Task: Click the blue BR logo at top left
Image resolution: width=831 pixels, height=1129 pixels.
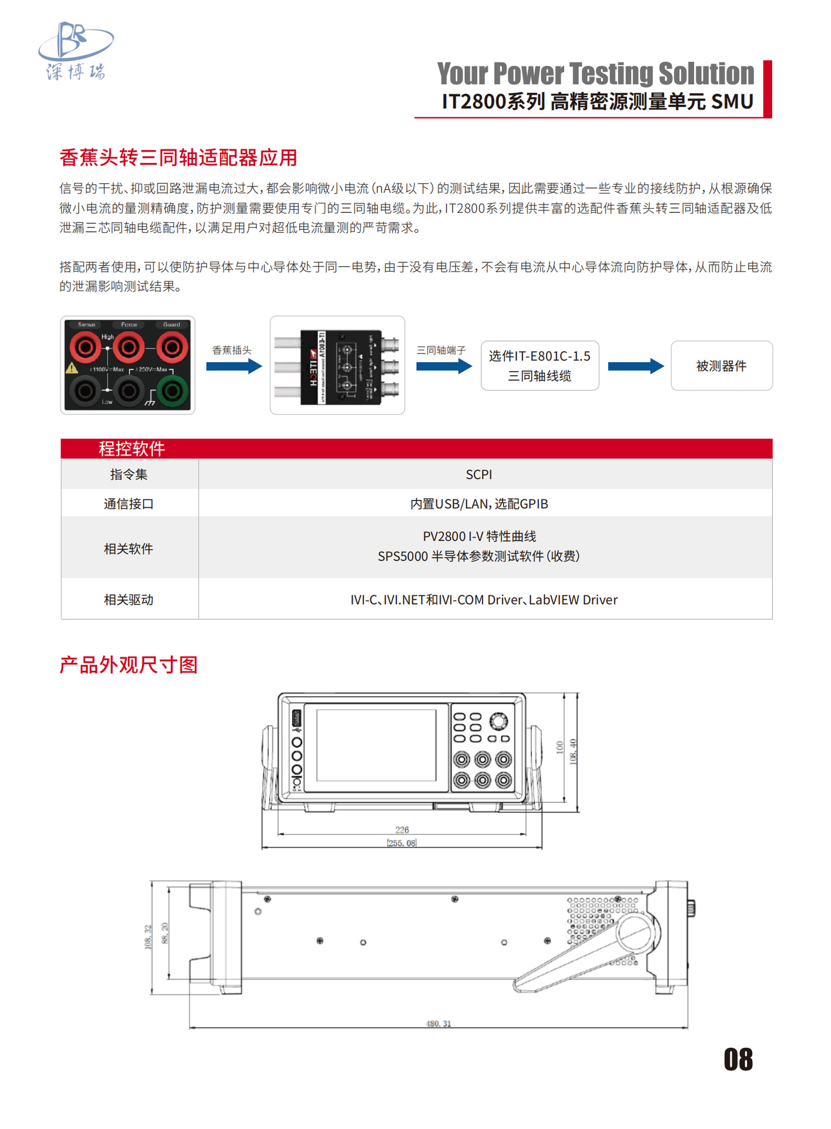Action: coord(75,50)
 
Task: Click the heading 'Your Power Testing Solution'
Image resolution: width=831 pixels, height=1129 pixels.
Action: coord(595,74)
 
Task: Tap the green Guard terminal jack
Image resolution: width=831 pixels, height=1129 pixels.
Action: coord(172,390)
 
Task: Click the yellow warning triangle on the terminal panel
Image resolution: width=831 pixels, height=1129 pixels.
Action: coord(72,368)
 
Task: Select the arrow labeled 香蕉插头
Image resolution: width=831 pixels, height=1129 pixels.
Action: coord(234,366)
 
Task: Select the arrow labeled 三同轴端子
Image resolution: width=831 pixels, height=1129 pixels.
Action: coord(444,366)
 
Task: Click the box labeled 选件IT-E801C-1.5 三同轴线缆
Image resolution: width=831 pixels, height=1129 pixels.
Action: coord(540,366)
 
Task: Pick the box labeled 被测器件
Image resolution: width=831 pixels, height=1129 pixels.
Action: coord(721,366)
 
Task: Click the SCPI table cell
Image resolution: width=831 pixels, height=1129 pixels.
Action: coord(478,475)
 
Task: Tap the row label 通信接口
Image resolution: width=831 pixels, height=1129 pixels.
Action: coord(129,504)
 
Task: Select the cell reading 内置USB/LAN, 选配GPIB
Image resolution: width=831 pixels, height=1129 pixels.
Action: coord(478,504)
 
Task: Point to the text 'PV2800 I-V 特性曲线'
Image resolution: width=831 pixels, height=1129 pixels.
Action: coord(478,536)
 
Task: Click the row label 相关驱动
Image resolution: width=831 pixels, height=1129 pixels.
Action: coord(129,600)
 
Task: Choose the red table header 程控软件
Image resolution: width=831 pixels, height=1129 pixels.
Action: coord(132,449)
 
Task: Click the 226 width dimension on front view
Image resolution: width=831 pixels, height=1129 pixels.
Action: coord(402,830)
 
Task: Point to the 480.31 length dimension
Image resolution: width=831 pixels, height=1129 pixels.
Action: coord(438,1024)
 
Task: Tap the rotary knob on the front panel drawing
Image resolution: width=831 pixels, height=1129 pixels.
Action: coord(498,721)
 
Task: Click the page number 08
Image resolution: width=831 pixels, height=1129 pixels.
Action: coord(738,1060)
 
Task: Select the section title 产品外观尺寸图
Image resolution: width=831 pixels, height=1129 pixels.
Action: coord(129,665)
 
